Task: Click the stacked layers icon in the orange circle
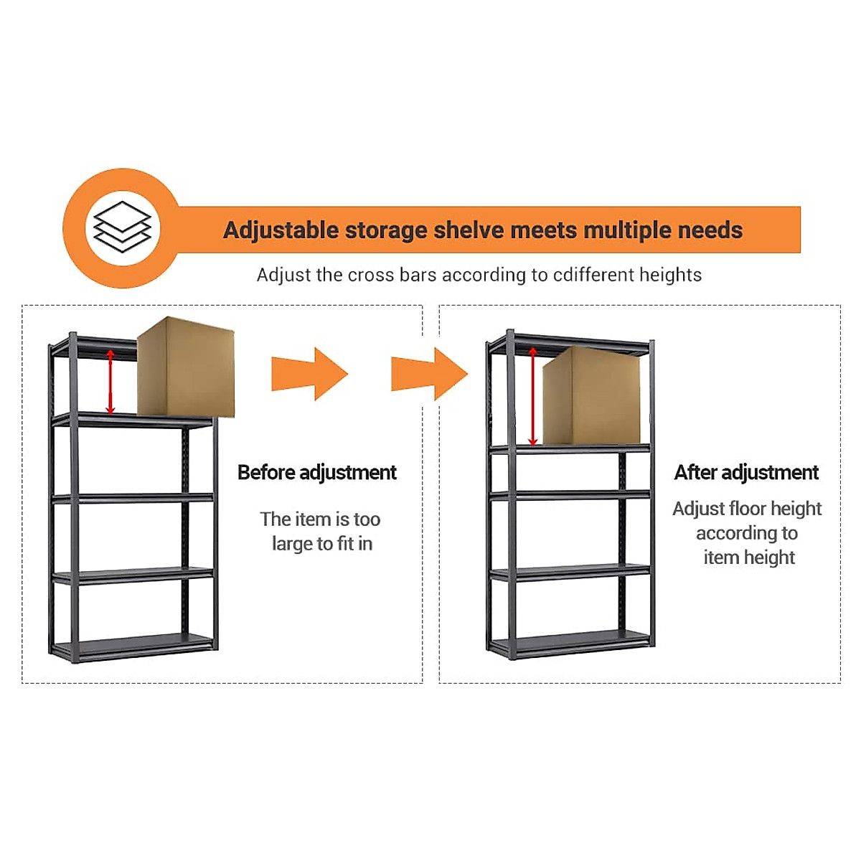click(123, 227)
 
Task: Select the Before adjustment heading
click(316, 472)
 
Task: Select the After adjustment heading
click(746, 472)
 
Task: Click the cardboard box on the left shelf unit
click(186, 367)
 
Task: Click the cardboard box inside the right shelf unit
click(591, 396)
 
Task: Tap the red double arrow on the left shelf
click(110, 382)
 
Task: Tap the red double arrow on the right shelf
click(532, 396)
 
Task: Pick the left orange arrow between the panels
click(309, 374)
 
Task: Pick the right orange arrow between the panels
click(429, 374)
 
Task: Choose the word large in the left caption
click(292, 544)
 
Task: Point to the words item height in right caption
click(749, 557)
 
